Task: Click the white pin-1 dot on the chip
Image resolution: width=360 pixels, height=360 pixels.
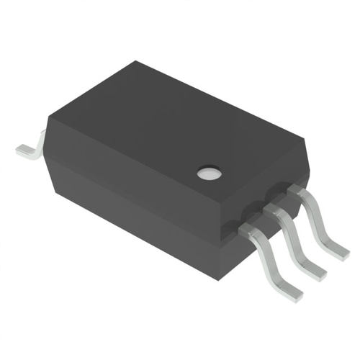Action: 210,173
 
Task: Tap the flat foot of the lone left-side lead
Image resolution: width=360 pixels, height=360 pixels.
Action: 24,150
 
